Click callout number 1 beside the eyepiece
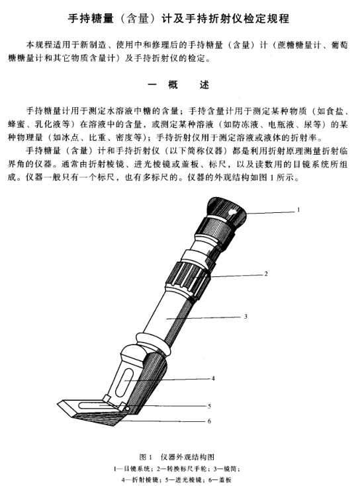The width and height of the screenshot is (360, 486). pos(298,210)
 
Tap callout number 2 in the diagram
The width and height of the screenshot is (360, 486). pos(266,274)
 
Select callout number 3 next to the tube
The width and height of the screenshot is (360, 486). pos(246,317)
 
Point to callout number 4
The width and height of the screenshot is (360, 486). pos(213,378)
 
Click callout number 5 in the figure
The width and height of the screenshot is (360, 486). pos(209,406)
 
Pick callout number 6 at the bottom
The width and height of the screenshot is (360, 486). pos(209,421)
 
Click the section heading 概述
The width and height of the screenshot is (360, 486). pos(179,85)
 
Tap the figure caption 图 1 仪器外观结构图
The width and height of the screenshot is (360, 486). pos(177,457)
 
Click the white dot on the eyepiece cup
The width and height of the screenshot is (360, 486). pos(232,212)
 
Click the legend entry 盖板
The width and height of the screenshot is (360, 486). pos(226,480)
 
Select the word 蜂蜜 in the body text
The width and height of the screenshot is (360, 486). pos(17,124)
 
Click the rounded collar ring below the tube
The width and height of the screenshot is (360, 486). pos(154,343)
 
